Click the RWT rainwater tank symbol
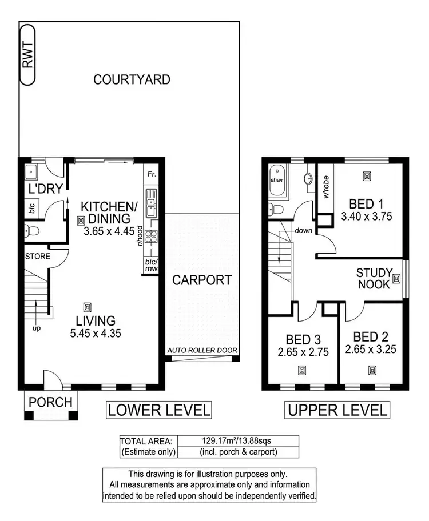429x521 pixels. click(27, 55)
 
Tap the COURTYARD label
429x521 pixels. click(132, 79)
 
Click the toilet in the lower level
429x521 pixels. click(32, 232)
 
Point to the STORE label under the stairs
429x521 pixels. click(37, 257)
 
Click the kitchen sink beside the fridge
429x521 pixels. click(150, 206)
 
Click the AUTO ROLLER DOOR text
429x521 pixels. click(202, 351)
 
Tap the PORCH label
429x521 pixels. click(51, 402)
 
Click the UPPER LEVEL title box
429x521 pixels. click(337, 410)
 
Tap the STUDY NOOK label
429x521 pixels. click(374, 278)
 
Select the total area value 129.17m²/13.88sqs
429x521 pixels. click(238, 441)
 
